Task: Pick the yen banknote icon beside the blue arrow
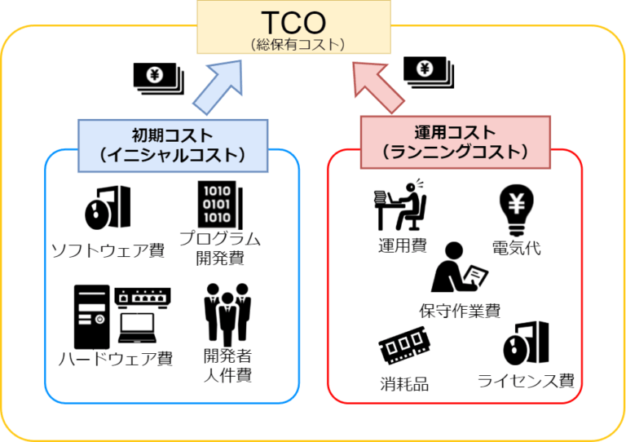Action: pos(157,77)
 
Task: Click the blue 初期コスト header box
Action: pos(173,145)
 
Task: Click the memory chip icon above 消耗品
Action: pos(404,349)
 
